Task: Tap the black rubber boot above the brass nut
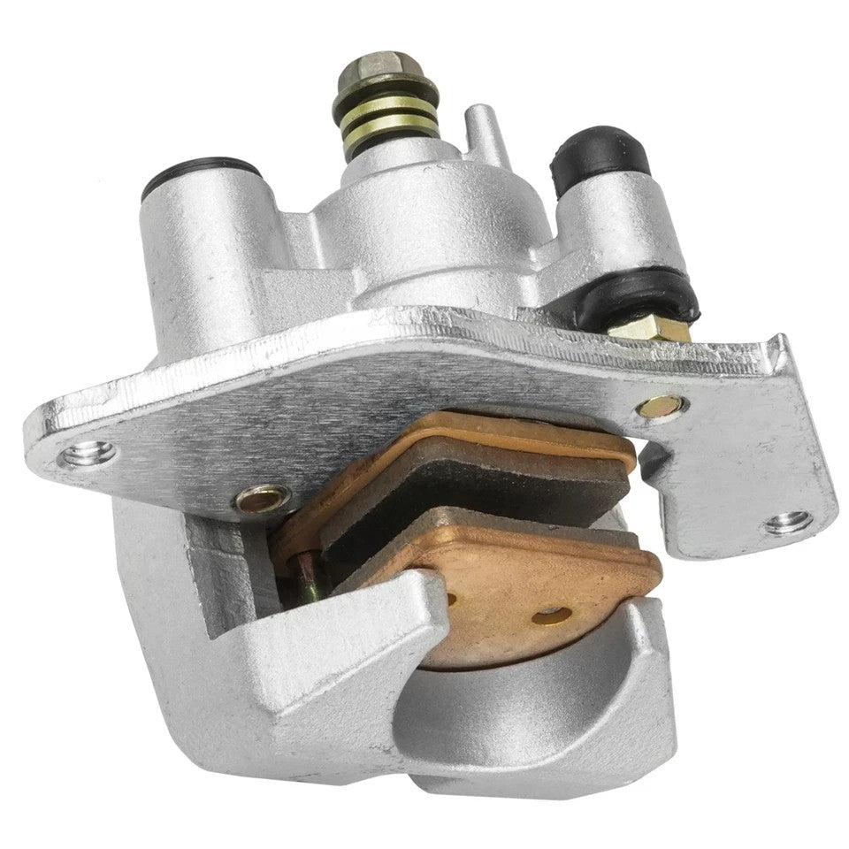[x=649, y=296]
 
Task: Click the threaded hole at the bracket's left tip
[x=88, y=454]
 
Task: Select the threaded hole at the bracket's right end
[x=787, y=522]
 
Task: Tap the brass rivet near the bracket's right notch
[x=661, y=406]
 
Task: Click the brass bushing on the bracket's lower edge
[x=262, y=500]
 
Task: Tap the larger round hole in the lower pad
[x=551, y=615]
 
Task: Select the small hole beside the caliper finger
[x=452, y=599]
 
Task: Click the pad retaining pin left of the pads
[x=306, y=576]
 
